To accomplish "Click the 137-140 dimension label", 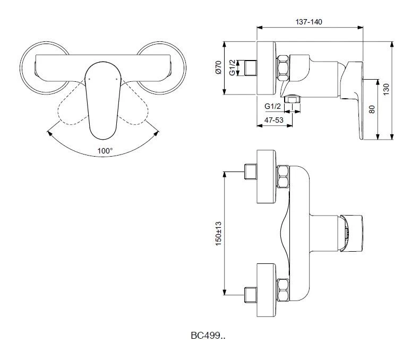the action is pos(309,22).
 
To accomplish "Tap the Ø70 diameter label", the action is pos(218,67).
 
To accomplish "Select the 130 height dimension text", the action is pos(386,89).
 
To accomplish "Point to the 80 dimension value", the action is pos(372,109).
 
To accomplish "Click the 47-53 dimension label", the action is pos(274,120).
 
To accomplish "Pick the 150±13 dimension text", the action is pos(218,234).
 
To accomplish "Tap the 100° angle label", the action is pos(105,151).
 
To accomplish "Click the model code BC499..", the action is pos(208,336).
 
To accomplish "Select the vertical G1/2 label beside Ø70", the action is pos(232,67).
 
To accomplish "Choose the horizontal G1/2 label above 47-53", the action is pos(272,106).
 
